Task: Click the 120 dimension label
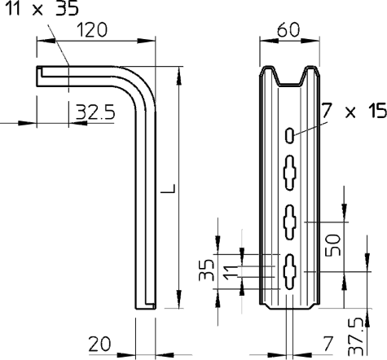(92, 30)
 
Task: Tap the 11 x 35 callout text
(42, 8)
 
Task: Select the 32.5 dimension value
(95, 112)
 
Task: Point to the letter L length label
(168, 188)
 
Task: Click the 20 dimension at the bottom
(99, 344)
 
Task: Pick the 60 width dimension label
(288, 29)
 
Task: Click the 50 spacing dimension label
(333, 245)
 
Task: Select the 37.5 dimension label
(356, 337)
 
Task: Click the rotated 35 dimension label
(206, 270)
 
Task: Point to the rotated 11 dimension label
(231, 272)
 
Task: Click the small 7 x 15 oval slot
(289, 135)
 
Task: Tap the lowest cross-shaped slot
(289, 272)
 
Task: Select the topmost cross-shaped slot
(289, 173)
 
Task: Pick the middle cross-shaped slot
(289, 222)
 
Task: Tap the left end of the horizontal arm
(37, 77)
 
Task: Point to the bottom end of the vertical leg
(146, 309)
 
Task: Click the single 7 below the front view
(328, 344)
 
